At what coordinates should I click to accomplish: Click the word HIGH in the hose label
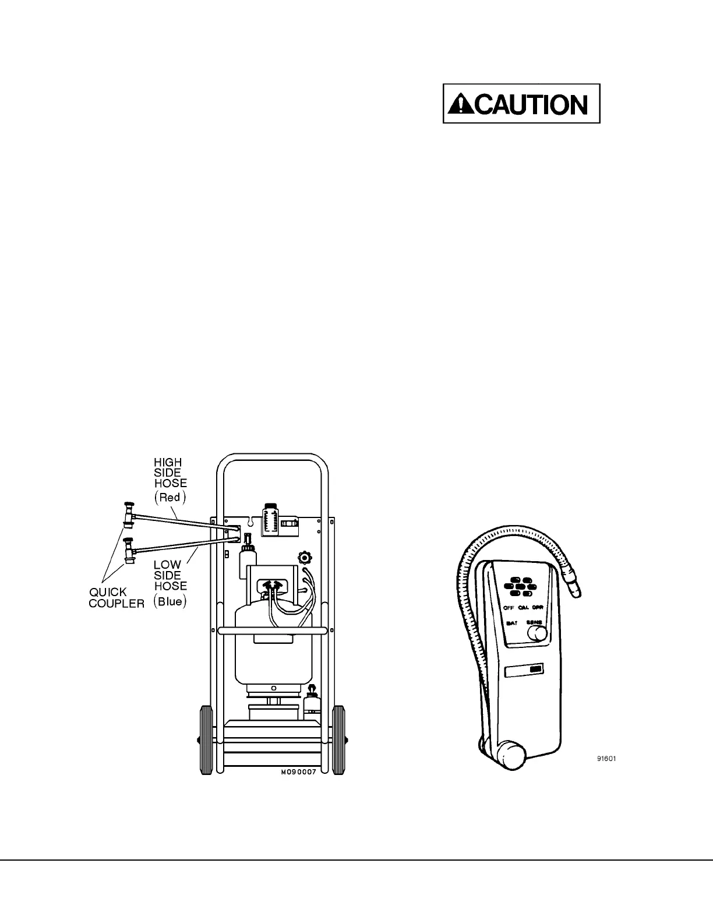click(x=168, y=463)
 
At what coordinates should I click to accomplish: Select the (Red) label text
click(x=170, y=497)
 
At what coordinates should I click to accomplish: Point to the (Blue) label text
click(x=170, y=601)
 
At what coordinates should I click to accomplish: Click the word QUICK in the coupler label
click(x=108, y=592)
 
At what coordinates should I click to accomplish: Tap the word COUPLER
click(x=117, y=603)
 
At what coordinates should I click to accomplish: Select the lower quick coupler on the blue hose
click(x=128, y=550)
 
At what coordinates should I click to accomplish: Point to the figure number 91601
click(x=606, y=759)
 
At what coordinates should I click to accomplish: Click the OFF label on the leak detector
click(x=509, y=607)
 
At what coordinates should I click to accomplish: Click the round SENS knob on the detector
click(x=538, y=633)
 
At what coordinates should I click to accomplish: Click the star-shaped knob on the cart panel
click(x=305, y=557)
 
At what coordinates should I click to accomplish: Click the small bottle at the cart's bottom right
click(x=312, y=702)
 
